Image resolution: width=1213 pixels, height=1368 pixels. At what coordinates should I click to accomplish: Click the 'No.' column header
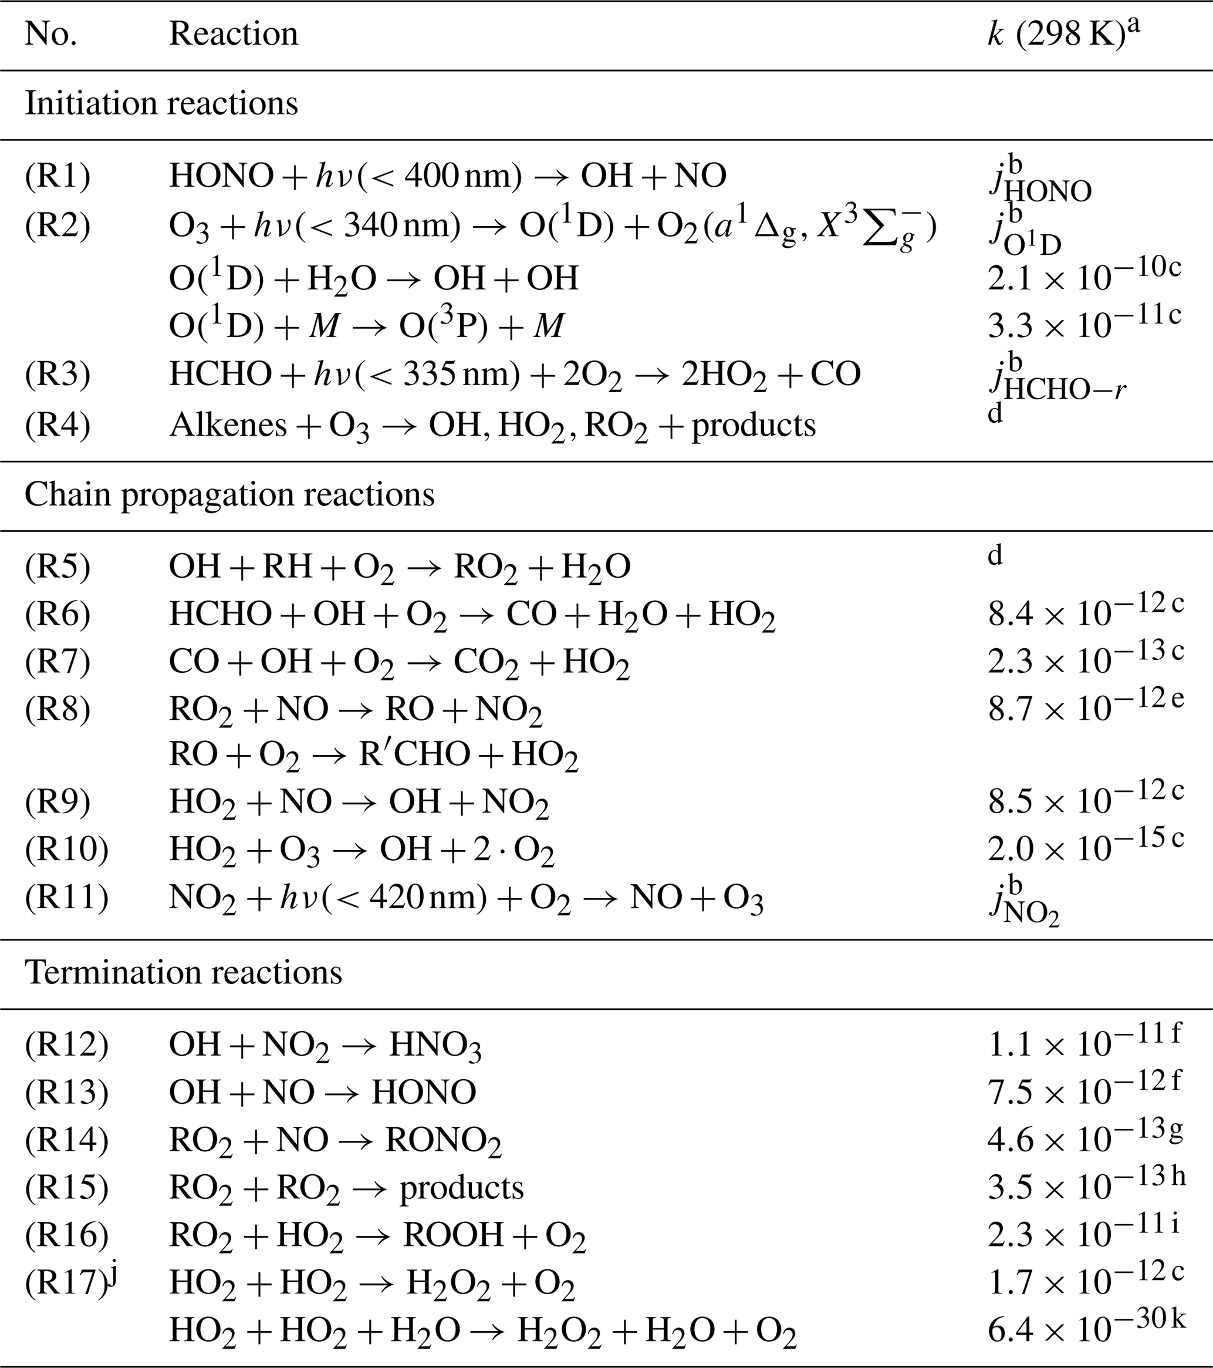coord(51,33)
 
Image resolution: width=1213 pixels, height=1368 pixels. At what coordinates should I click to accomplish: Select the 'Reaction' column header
coord(233,33)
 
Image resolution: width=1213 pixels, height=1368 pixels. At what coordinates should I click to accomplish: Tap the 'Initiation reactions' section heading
coord(161,104)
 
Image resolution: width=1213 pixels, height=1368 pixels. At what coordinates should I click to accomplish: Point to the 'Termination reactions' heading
coord(183,973)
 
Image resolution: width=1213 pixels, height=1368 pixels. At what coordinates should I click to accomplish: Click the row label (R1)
coord(58,176)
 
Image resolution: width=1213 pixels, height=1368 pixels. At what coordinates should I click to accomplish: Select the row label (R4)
coord(58,425)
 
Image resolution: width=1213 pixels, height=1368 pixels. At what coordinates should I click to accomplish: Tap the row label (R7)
coord(58,662)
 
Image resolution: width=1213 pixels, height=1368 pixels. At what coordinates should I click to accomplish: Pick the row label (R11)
coord(66,898)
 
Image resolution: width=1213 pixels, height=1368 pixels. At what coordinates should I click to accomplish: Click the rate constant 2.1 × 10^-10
coord(1084,277)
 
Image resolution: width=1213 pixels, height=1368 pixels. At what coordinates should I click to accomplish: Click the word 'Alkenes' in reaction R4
coord(228,425)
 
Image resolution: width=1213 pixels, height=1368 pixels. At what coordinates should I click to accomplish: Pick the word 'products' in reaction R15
coord(462,1188)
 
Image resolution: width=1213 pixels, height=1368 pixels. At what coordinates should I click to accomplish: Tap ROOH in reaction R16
coord(453,1235)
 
